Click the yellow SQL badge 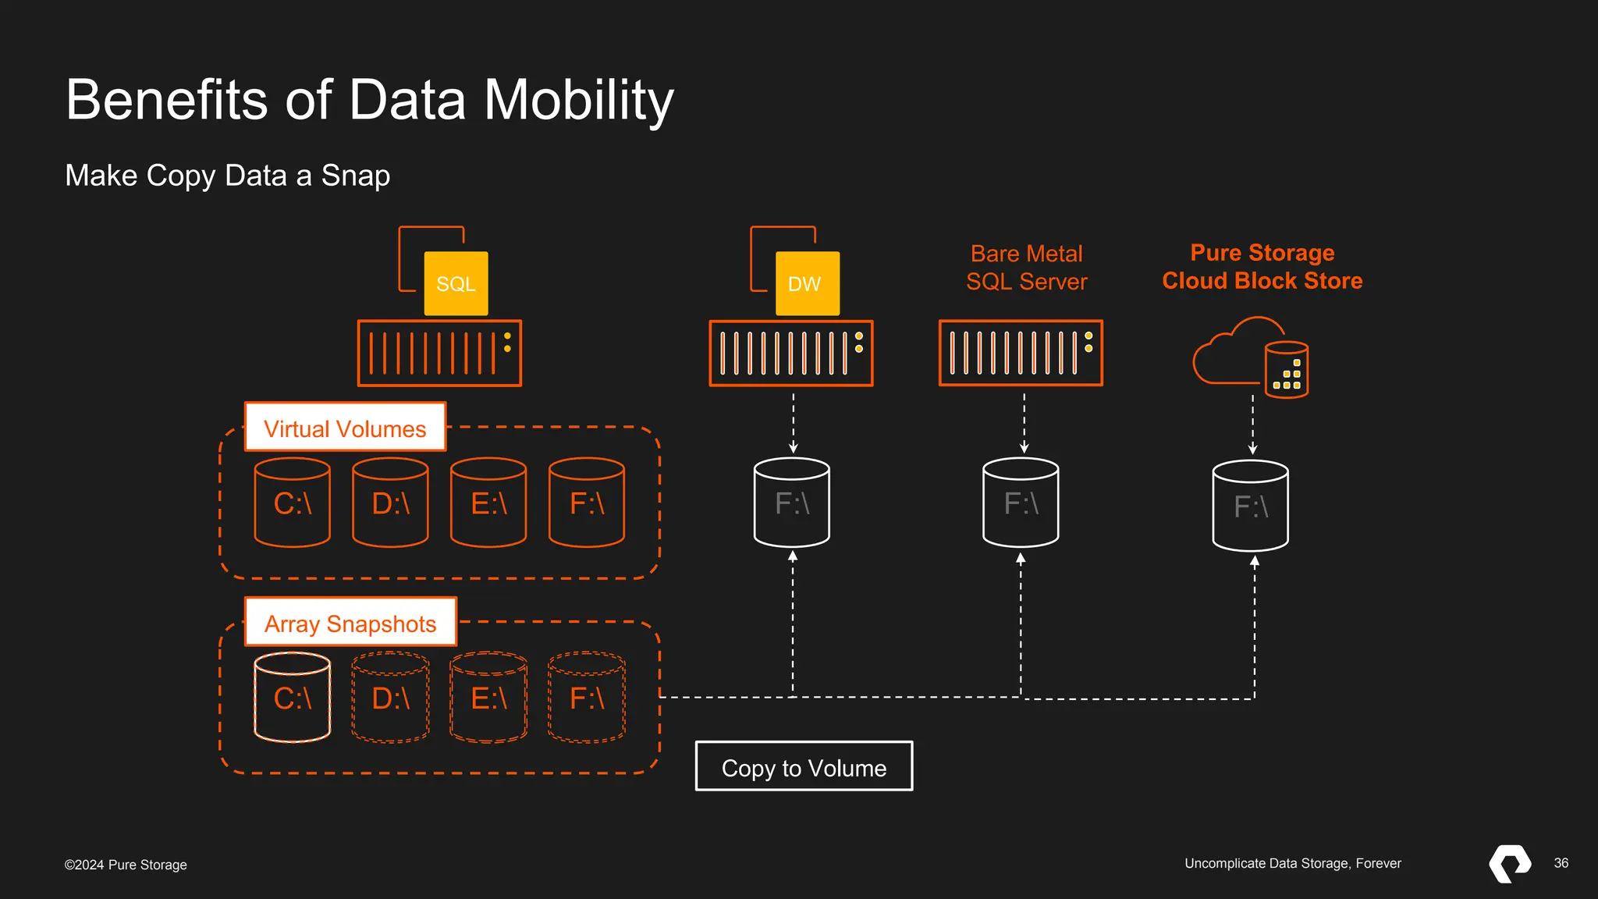point(456,283)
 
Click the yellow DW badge point(807,283)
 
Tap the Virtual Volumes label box point(345,427)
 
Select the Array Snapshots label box point(350,622)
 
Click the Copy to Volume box point(804,766)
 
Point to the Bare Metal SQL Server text point(1026,268)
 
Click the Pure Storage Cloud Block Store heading point(1262,266)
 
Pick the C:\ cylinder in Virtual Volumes point(293,503)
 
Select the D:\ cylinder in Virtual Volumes point(390,503)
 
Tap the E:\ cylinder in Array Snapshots point(488,697)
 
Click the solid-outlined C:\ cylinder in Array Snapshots point(293,697)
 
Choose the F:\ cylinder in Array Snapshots point(587,697)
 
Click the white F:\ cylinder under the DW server point(792,503)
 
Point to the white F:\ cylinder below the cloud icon point(1250,506)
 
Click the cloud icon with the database point(1250,358)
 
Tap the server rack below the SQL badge point(439,354)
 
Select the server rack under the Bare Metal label point(1021,353)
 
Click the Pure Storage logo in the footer point(1510,863)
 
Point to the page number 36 point(1561,863)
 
